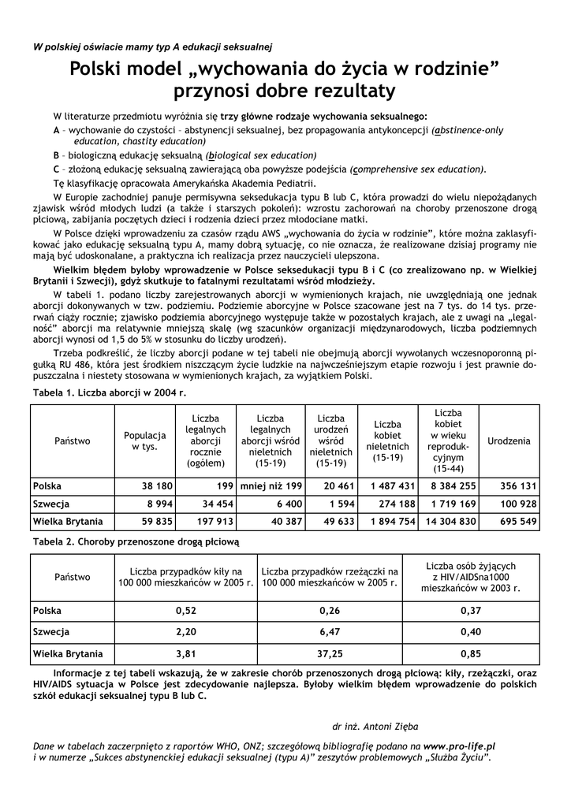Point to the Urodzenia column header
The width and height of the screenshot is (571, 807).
(x=509, y=441)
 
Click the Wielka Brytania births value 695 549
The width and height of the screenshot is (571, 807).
(x=518, y=521)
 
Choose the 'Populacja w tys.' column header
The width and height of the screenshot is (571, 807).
(x=145, y=441)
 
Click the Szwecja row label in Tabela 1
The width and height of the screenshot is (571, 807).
(x=51, y=504)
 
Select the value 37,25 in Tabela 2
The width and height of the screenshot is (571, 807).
(x=330, y=653)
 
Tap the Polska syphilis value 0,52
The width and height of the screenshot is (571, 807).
(x=185, y=610)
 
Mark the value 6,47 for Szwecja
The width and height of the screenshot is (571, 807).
(x=330, y=632)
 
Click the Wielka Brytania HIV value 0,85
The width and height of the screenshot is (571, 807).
(x=471, y=653)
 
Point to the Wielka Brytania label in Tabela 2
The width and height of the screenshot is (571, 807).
(x=68, y=653)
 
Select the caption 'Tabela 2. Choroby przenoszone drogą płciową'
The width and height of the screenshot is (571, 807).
(x=135, y=542)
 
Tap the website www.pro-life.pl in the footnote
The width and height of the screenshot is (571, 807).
(x=459, y=745)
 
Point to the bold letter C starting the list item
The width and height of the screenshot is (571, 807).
(x=57, y=169)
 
